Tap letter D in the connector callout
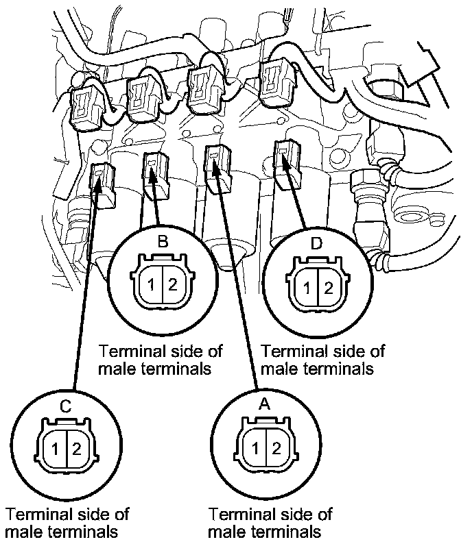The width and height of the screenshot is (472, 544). [x=316, y=243]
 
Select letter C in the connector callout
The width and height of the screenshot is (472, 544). [x=66, y=406]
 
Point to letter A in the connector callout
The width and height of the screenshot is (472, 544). [x=265, y=404]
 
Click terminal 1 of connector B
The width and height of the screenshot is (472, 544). [x=151, y=285]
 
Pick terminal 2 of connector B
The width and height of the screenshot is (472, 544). [x=173, y=285]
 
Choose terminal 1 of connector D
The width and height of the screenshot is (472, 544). [x=307, y=288]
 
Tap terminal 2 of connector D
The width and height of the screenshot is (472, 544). [x=328, y=288]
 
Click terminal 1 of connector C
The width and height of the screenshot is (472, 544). [x=55, y=449]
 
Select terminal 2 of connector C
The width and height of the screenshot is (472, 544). [x=77, y=449]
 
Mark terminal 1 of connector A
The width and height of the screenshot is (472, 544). [x=255, y=449]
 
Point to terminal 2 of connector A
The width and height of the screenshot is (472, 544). [x=276, y=449]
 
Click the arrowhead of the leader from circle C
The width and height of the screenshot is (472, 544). [x=99, y=182]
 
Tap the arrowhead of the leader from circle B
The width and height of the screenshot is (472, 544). [x=152, y=173]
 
